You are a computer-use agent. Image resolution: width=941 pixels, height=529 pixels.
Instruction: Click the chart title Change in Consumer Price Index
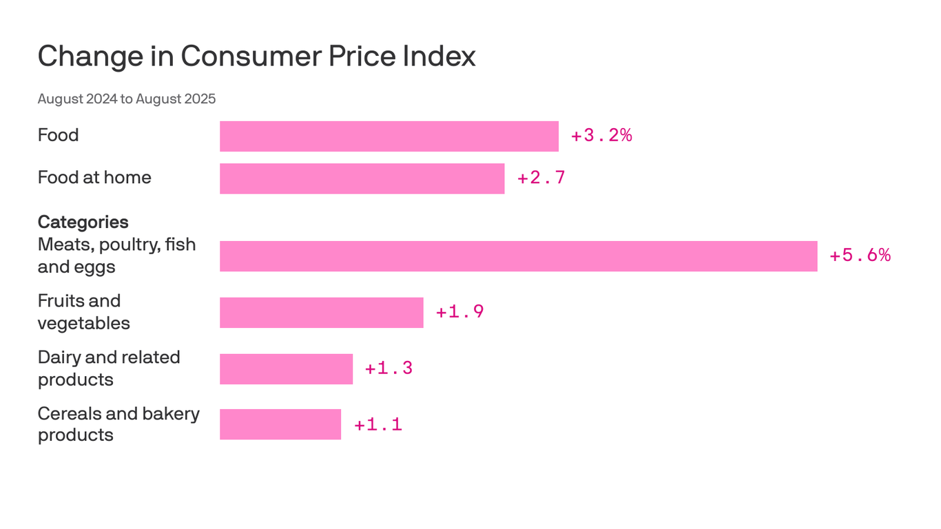point(256,56)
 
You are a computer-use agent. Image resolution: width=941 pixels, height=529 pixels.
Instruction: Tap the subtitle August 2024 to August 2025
point(127,98)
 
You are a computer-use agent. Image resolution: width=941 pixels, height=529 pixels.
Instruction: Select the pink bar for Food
point(389,136)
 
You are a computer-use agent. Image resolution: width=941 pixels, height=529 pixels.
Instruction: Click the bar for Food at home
point(362,178)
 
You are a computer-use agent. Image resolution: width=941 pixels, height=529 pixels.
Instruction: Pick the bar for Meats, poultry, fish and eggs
point(518,256)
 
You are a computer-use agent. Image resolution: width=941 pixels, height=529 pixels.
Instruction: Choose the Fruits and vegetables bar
point(321,312)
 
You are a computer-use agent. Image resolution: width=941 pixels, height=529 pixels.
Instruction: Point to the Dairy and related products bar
point(286,369)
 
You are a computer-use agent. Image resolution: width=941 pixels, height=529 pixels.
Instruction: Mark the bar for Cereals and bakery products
point(280,424)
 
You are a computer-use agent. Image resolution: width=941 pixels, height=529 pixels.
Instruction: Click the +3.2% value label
point(601,136)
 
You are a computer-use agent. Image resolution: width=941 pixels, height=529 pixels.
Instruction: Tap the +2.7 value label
point(541,178)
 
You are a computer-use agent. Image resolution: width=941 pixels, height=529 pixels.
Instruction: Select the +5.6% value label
point(860,256)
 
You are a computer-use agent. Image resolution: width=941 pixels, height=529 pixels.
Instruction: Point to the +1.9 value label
point(459,312)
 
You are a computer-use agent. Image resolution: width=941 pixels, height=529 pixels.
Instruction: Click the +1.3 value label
point(389,369)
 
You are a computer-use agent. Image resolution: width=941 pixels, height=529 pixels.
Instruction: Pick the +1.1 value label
point(378,424)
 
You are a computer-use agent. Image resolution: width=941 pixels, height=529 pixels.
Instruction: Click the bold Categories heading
point(83,222)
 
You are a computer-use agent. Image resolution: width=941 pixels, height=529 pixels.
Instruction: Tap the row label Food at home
point(94,178)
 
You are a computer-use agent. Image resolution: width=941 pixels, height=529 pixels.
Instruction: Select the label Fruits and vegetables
point(83,312)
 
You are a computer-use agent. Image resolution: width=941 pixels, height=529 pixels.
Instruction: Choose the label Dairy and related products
point(109,369)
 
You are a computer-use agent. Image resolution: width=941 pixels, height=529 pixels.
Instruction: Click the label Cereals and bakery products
point(118,424)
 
